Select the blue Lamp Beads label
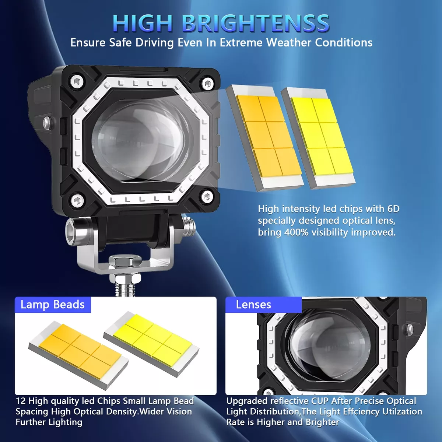(53, 305)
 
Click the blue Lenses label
(253, 305)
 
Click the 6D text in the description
(393, 209)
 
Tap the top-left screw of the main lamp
(77, 81)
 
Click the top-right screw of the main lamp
(208, 83)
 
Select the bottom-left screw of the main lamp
(77, 200)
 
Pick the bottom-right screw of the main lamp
(207, 196)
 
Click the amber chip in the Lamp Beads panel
(80, 350)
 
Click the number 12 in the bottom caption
(21, 401)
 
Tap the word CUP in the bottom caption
(319, 401)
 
